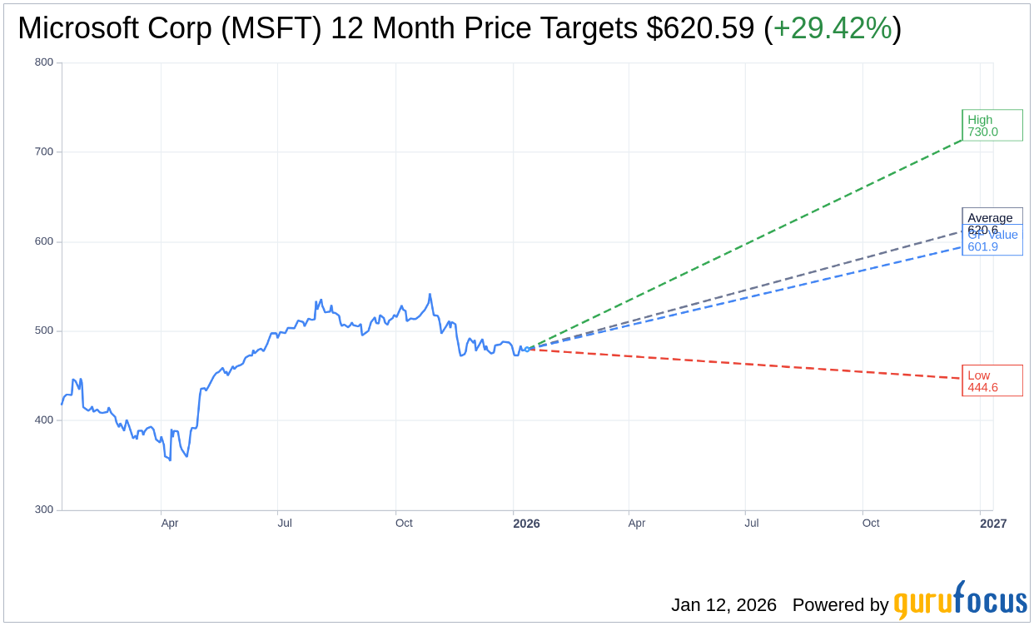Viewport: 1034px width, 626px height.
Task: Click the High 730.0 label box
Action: tap(992, 126)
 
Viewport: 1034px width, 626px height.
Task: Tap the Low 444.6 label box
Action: tap(992, 381)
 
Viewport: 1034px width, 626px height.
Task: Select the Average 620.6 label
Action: tap(990, 217)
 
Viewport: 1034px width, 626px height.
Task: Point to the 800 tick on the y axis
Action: tap(44, 62)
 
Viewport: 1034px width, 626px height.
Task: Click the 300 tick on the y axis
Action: tap(44, 509)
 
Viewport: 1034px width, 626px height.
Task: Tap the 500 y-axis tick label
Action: tap(44, 330)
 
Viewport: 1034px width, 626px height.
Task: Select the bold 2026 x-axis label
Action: tap(526, 524)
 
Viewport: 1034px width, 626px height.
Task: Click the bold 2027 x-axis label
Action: tap(993, 524)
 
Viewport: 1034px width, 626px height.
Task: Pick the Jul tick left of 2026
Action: tap(285, 524)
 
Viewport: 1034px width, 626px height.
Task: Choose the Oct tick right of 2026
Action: tap(871, 524)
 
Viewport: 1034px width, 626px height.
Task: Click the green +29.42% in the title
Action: tap(833, 29)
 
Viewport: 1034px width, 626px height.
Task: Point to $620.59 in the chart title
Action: tap(700, 29)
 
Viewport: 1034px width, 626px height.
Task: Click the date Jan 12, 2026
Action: tap(723, 605)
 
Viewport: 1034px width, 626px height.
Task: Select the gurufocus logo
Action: tap(960, 601)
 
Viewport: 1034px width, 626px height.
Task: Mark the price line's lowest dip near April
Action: tap(170, 460)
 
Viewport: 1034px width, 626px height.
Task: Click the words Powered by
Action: tap(840, 605)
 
